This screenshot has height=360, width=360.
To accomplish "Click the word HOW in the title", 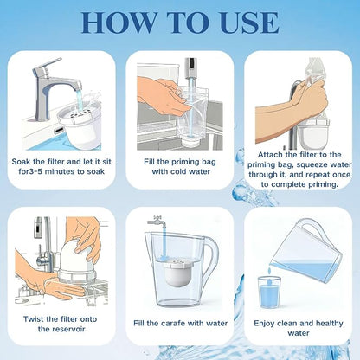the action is pos(119,22).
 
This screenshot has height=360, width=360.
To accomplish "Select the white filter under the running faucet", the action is pos(80,127).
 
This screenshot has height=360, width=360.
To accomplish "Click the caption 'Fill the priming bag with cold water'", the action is pos(181,166).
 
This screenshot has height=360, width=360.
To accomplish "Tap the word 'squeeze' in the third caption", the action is pos(313,165).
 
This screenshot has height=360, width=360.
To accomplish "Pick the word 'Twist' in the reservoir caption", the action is pos(34,319).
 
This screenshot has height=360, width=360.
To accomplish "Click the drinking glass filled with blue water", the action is pos(269,292).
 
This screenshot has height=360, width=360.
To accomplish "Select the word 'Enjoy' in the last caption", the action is pos(264,324).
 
